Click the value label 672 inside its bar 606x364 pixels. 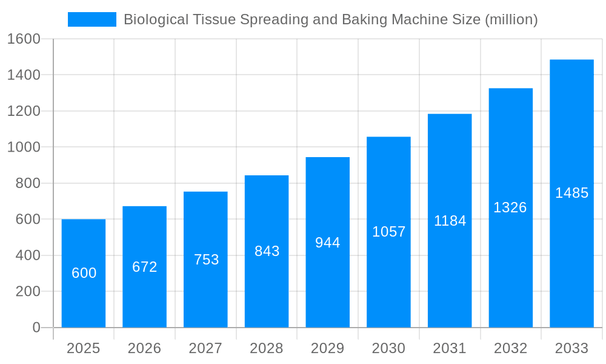(145, 267)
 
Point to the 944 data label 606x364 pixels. (328, 243)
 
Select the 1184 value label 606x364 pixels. (450, 221)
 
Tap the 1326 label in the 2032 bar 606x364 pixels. (510, 207)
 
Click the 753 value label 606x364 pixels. (206, 260)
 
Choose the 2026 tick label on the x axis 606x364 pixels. (145, 348)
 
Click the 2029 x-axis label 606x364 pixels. (328, 348)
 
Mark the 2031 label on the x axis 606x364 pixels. (450, 348)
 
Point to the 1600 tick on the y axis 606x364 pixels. (24, 39)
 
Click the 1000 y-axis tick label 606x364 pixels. (24, 147)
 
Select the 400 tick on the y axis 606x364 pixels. (28, 255)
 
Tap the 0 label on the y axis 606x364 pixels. (36, 328)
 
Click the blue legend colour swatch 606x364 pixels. (92, 19)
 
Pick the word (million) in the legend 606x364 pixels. (511, 19)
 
